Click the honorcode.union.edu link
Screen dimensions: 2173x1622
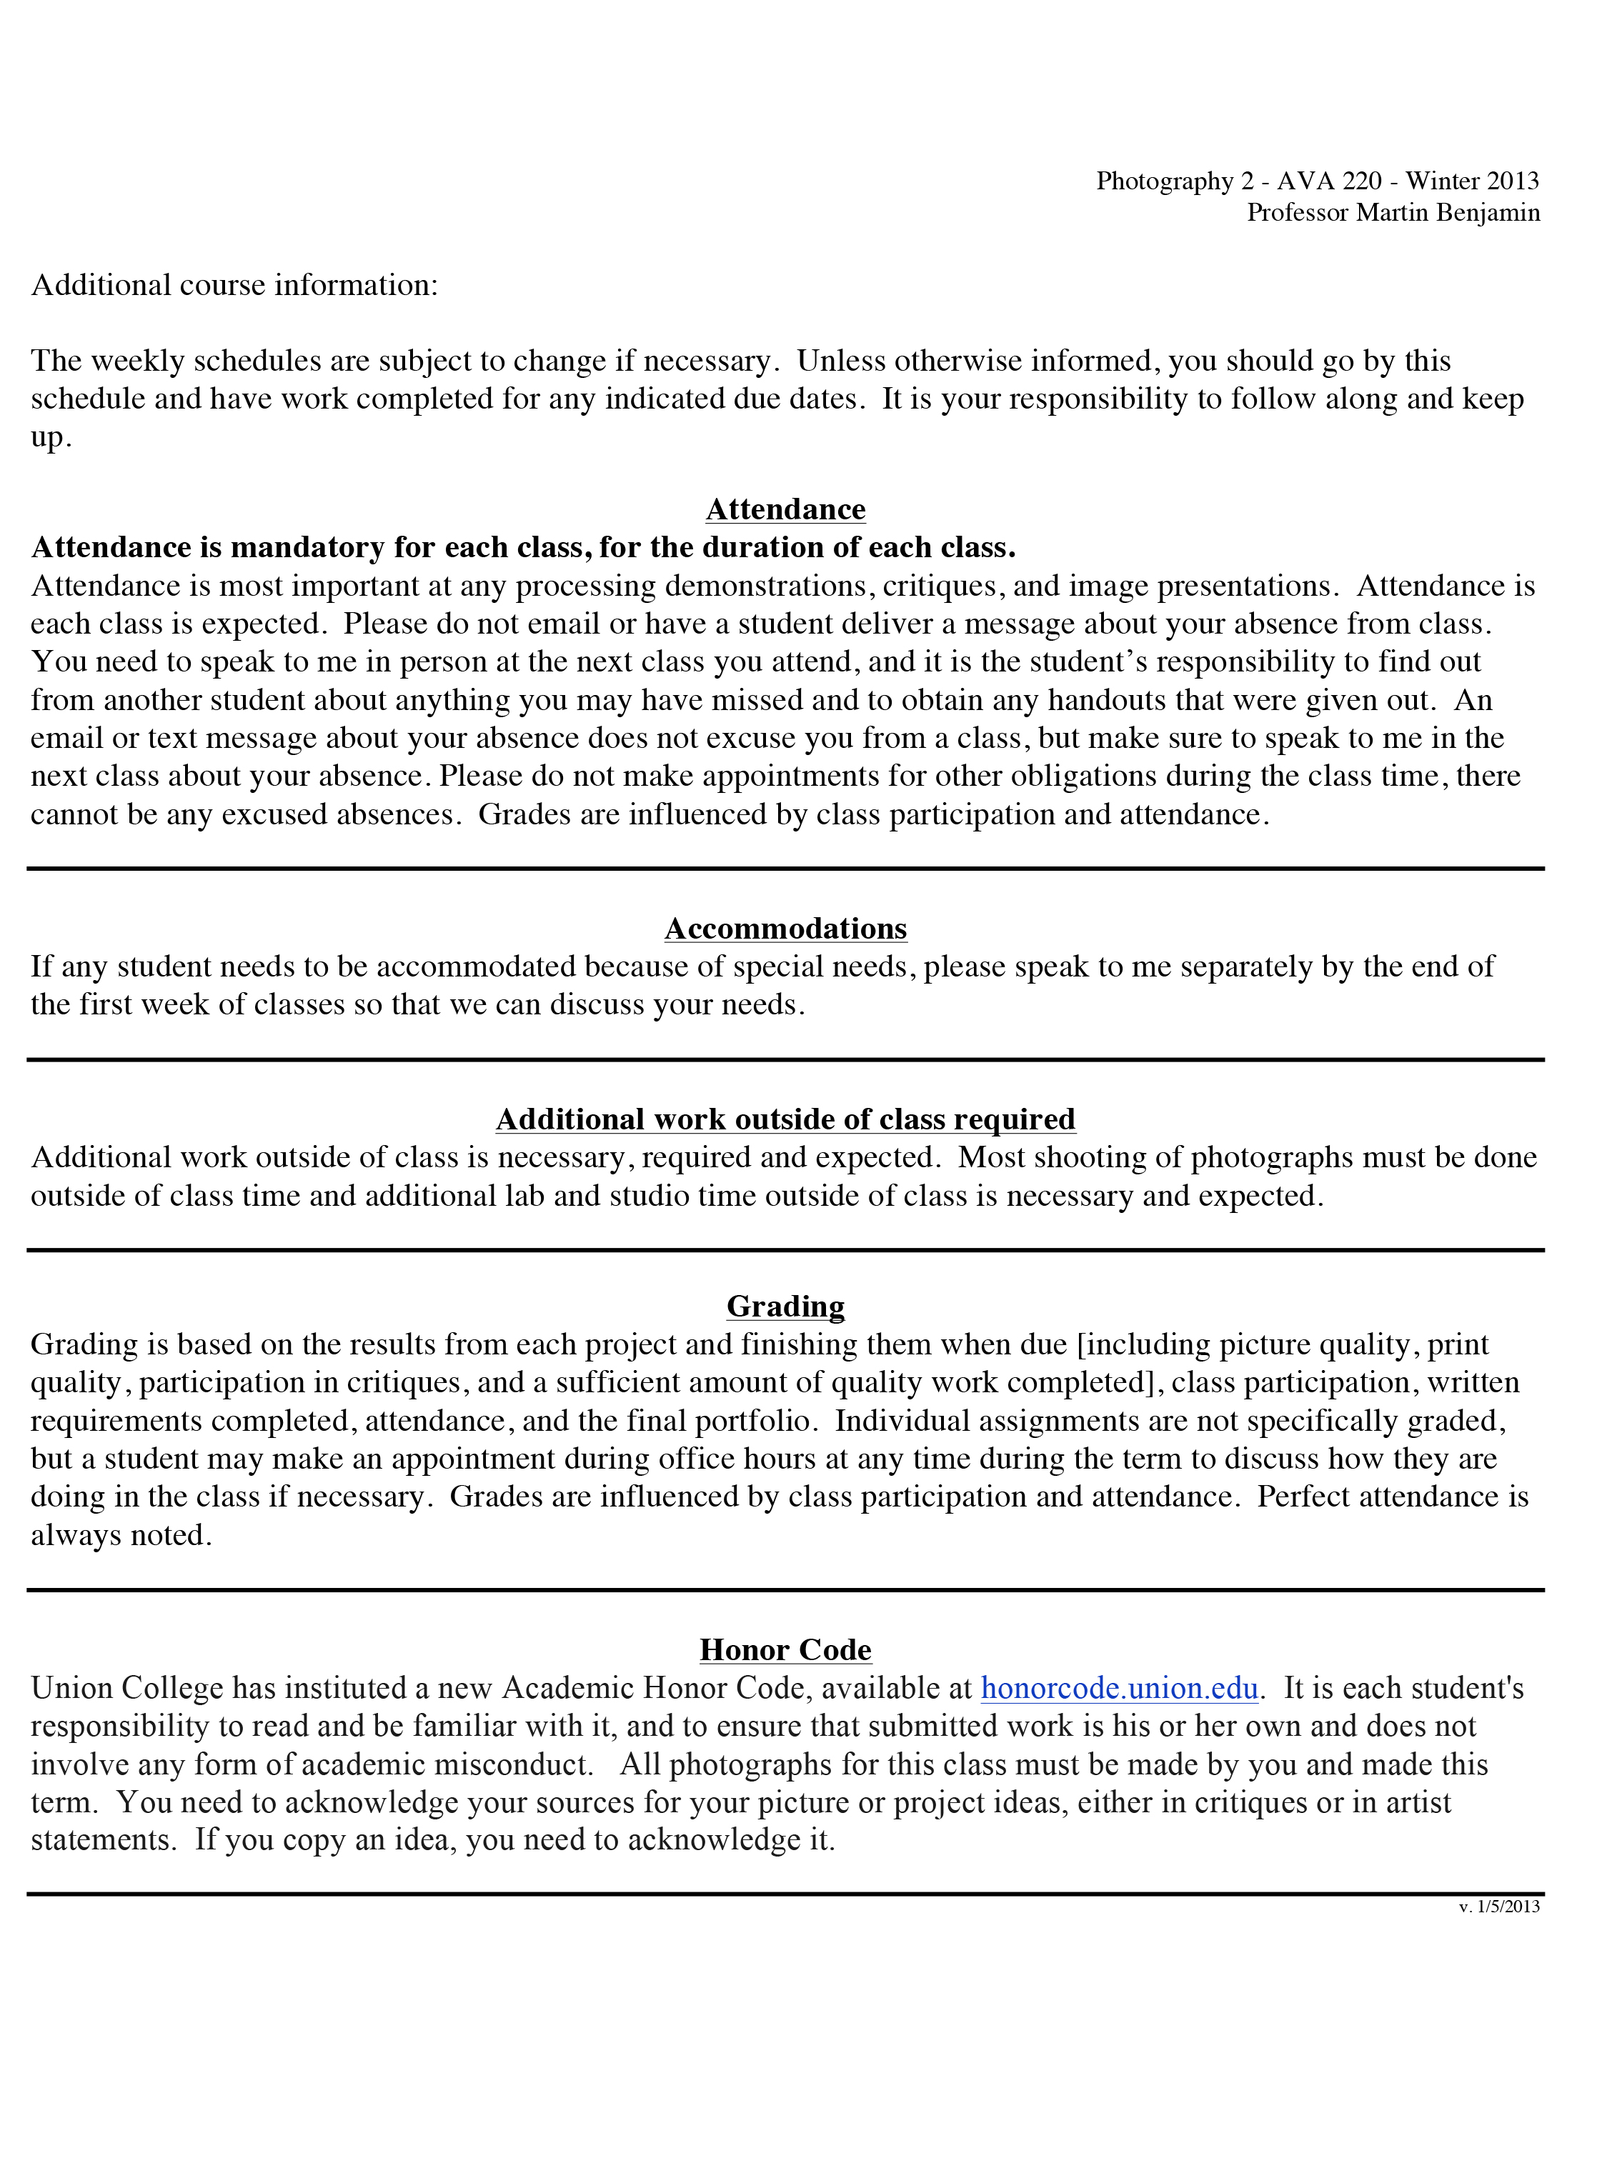coord(1118,1688)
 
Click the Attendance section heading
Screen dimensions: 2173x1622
coord(785,509)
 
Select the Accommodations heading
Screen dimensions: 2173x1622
coord(785,929)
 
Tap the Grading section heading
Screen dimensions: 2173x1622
coord(785,1307)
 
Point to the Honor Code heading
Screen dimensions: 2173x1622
coord(785,1650)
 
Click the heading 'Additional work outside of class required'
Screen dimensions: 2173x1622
coord(785,1120)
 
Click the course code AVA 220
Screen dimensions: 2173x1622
coord(1330,181)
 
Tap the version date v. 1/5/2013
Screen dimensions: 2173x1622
coord(1499,1907)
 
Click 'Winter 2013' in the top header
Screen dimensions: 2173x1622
coord(1473,181)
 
